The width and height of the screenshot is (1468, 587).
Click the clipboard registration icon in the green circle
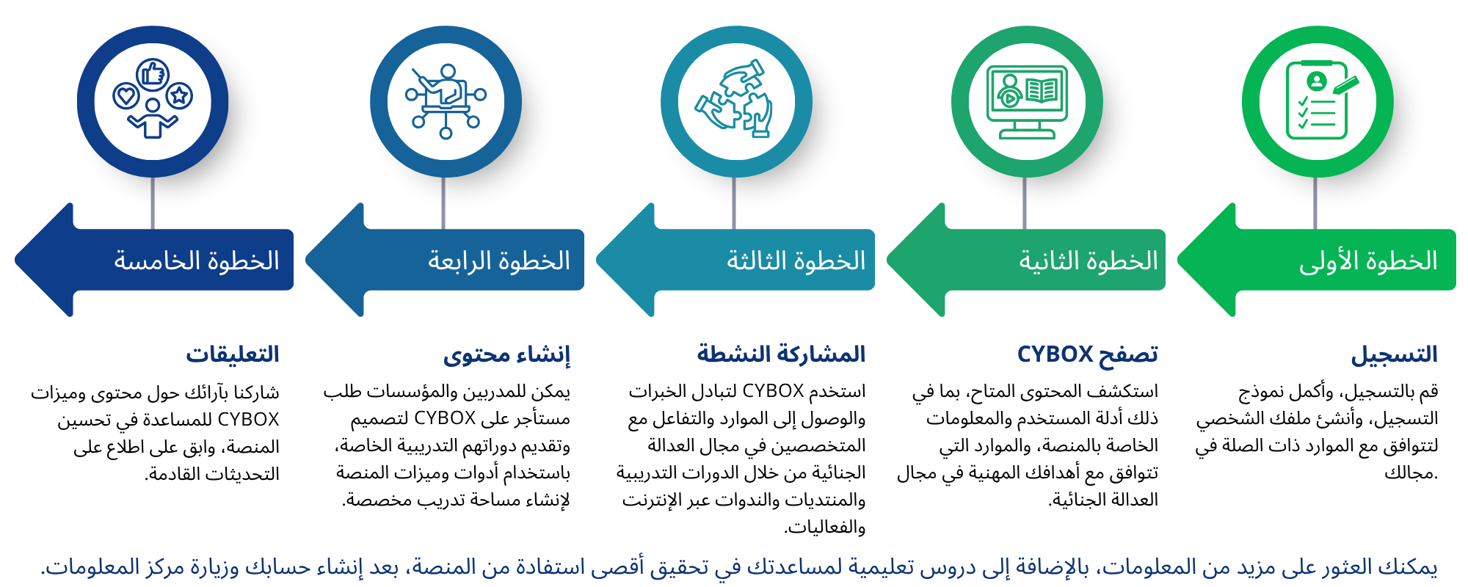1318,101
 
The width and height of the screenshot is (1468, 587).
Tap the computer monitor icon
1027,101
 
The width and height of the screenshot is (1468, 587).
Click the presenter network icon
446,101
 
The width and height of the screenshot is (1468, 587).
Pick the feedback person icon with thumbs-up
153,101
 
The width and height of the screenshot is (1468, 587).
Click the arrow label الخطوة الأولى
1368,261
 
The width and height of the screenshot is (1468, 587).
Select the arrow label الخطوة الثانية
1088,261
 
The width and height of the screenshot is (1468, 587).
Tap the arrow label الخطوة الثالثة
796,261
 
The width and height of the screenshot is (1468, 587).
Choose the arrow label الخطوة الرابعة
499,261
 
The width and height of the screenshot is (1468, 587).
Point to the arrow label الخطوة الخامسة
197,261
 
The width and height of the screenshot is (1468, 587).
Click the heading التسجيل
1394,355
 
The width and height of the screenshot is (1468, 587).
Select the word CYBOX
1055,354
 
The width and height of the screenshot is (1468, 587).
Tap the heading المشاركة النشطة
781,354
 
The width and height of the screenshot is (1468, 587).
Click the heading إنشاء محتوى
506,355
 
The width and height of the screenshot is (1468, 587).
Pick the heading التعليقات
233,354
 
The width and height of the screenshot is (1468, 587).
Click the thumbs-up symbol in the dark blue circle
153,74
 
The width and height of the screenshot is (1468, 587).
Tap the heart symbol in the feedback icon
126,95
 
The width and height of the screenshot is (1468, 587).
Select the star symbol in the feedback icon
179,95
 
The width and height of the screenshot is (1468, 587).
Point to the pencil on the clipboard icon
1346,85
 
